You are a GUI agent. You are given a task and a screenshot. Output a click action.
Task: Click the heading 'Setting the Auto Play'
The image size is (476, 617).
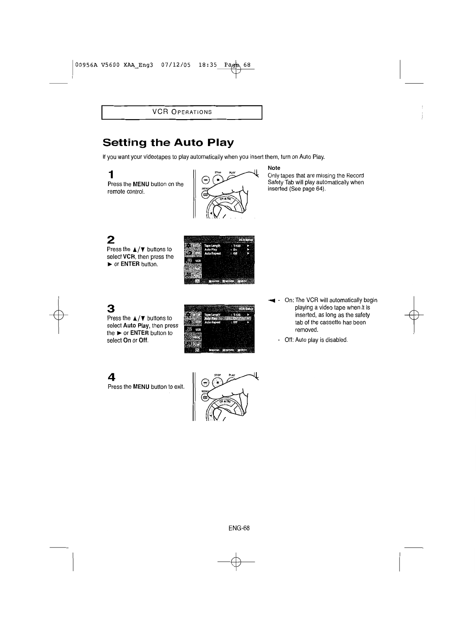point(168,142)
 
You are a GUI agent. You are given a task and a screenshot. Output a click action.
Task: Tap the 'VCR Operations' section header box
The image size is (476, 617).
point(182,112)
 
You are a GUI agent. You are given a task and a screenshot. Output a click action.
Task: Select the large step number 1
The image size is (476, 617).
point(111,174)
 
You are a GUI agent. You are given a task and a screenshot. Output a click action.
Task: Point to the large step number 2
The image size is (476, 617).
point(111,239)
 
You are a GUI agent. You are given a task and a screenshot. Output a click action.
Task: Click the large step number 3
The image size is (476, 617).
point(111,308)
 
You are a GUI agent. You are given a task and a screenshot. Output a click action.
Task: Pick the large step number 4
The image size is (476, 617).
point(112,377)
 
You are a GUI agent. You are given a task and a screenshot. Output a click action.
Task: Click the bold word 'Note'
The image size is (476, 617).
point(274,168)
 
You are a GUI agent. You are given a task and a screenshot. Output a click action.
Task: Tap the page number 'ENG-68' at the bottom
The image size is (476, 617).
point(239,528)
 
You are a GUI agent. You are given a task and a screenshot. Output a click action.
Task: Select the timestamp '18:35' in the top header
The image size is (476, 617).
point(207,65)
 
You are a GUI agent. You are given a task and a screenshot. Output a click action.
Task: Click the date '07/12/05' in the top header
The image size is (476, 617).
point(176,65)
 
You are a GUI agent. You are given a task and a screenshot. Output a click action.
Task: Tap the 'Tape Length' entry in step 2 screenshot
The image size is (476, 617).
point(212,246)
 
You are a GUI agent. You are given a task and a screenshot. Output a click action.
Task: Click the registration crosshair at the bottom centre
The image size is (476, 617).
point(236,562)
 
